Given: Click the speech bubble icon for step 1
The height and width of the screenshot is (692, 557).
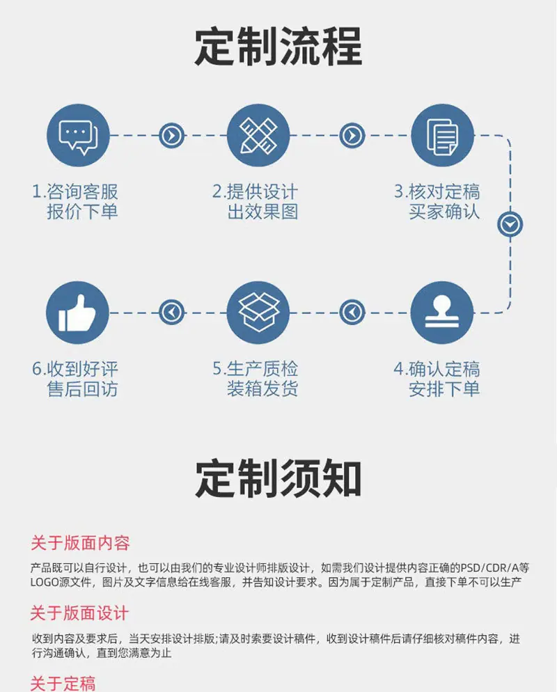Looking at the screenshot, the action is (x=78, y=136).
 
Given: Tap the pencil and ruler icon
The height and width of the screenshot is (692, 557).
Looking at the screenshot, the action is (x=258, y=136).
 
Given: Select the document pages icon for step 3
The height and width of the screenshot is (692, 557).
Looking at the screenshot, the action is (x=442, y=136).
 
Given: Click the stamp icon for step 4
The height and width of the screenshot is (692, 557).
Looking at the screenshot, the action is (x=442, y=313).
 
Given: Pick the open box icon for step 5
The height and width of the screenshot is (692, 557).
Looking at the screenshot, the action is (x=258, y=313).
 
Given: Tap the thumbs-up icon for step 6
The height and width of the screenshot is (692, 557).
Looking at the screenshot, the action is (x=78, y=313).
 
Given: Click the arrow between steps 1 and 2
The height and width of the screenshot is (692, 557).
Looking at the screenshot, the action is (x=171, y=136).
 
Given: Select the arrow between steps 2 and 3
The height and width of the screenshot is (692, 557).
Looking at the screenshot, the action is (x=352, y=136).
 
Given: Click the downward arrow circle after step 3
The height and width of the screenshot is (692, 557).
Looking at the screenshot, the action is (x=510, y=225).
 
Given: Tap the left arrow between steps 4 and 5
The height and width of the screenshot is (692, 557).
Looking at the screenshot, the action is (x=352, y=313).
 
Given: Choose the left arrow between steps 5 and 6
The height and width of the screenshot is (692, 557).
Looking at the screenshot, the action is (x=171, y=313).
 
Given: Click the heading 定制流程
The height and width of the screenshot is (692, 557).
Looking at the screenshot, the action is (x=278, y=47).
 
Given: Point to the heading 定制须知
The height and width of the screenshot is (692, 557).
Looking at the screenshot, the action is (x=278, y=479).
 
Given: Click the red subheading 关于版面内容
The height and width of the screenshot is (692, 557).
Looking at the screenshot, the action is (x=80, y=543).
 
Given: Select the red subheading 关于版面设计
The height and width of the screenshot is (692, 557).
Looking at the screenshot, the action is (x=79, y=613).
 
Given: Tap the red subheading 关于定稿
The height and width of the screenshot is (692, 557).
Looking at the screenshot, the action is (x=63, y=684).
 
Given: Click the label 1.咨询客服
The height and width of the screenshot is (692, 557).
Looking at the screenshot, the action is (x=75, y=192).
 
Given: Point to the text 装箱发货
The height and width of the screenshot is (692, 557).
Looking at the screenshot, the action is (x=262, y=388).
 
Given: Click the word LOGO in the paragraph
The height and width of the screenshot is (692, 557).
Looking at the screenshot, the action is (x=44, y=582).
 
